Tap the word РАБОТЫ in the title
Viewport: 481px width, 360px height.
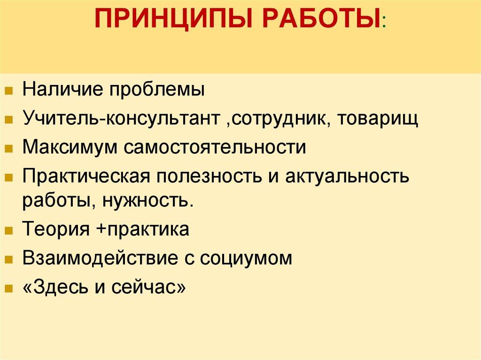coord(320,22)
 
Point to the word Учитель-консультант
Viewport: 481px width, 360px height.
coord(120,118)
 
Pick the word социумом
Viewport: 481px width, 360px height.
coord(246,258)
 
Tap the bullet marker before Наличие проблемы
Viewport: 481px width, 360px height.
coord(9,90)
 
